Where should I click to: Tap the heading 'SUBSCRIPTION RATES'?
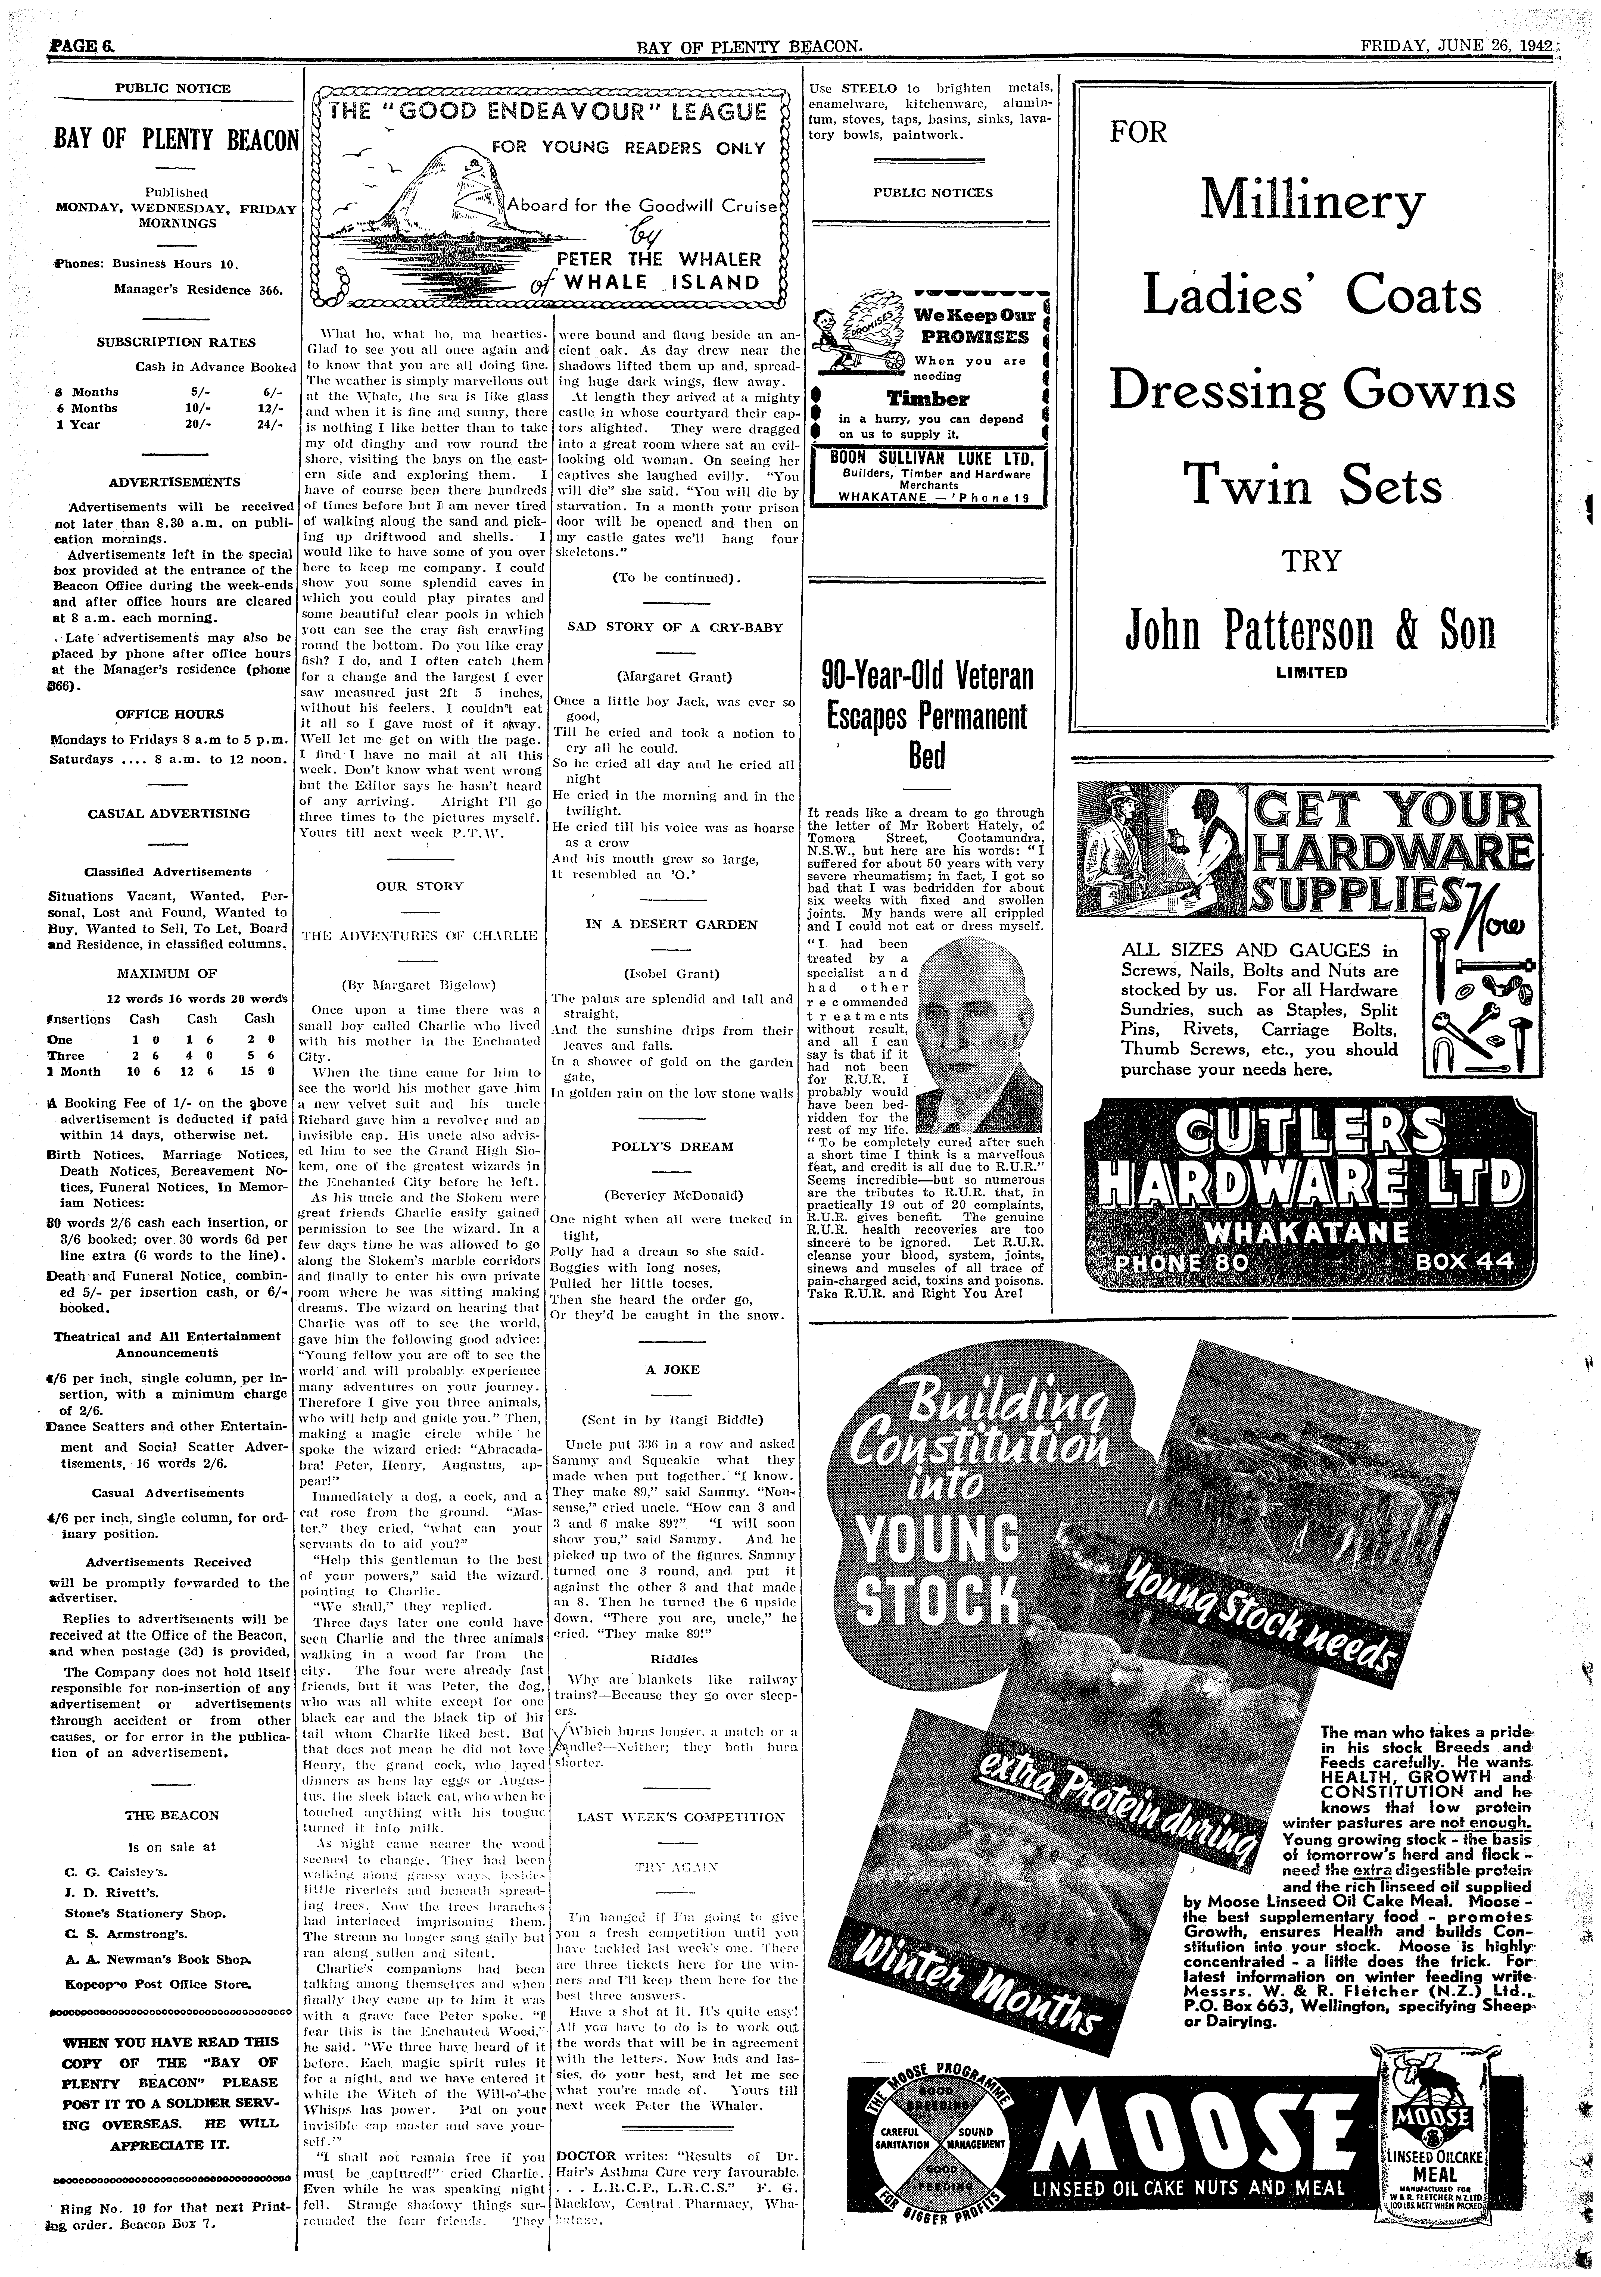[176, 342]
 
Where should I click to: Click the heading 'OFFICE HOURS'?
[170, 714]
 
